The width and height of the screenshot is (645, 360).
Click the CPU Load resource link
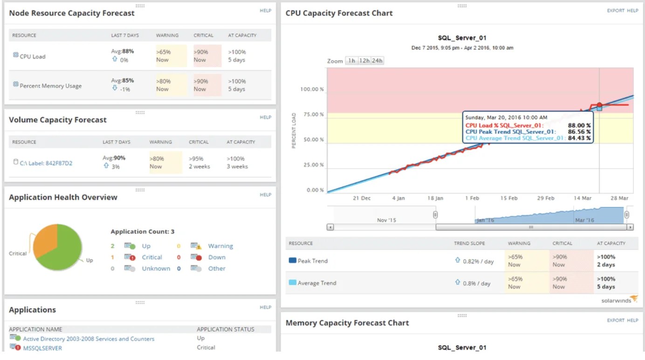32,56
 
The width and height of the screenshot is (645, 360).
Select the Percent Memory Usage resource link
50,86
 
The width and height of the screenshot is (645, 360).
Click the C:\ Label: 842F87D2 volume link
46,163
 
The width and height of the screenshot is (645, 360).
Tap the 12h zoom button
364,61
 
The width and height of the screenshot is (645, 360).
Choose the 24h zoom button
377,61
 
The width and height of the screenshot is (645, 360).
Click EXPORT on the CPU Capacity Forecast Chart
615,11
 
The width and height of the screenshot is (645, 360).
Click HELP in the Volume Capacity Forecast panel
265,118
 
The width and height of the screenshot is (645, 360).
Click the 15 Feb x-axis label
509,198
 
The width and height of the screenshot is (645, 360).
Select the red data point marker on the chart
599,105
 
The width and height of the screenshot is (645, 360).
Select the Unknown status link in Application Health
156,269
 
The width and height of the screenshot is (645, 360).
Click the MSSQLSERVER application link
42,348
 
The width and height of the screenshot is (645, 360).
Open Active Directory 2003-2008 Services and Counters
89,339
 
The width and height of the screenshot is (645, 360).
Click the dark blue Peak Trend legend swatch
292,261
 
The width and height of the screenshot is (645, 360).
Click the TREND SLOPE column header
469,243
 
